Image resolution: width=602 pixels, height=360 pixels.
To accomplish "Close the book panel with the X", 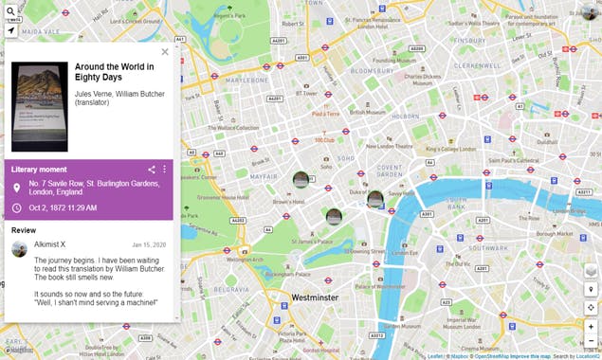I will point(165,52).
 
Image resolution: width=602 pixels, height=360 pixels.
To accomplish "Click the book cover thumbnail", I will point(39,107).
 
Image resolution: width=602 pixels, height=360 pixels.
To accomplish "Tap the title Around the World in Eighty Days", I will point(114,71).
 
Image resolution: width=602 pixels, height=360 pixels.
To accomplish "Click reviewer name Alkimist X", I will point(49,244).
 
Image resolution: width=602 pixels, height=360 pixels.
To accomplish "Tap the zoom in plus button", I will point(591,326).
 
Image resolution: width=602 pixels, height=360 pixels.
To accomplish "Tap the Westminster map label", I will point(314,297).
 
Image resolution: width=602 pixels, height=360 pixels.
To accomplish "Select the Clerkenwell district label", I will point(477,66).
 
